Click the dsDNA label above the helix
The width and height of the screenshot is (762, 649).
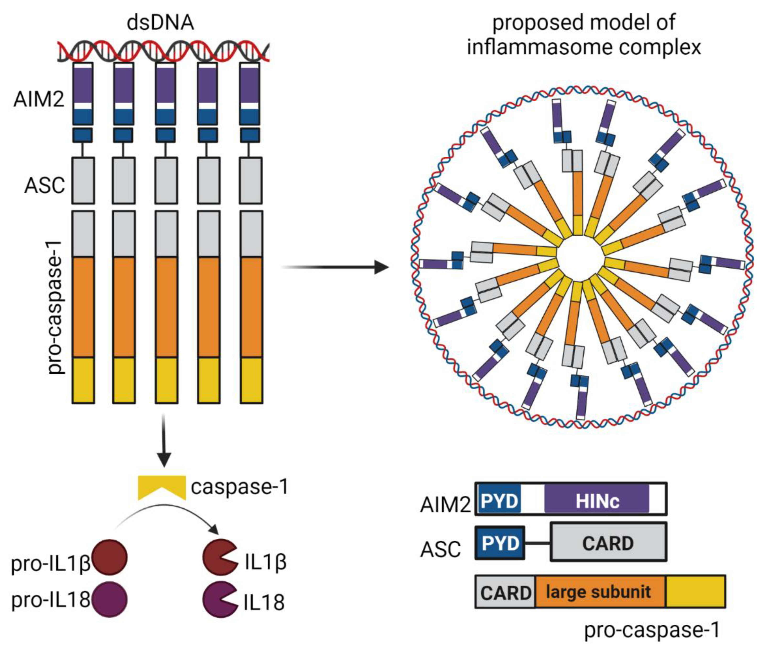coord(160,23)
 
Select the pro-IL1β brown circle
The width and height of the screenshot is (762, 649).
coord(110,558)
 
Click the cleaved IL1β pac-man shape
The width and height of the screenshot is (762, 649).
coord(218,558)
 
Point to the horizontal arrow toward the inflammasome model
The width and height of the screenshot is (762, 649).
coord(335,267)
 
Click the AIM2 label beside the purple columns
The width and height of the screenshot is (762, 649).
coord(39,99)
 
